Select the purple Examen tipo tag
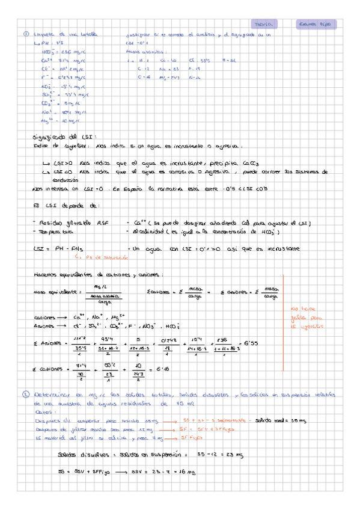[x=317, y=24]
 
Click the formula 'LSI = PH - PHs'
[x=57, y=248]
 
